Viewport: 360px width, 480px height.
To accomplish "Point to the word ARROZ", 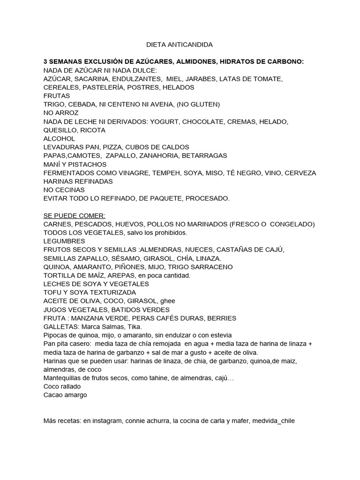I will pyautogui.click(x=67, y=113).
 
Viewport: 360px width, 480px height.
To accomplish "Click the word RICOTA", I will pyautogui.click(x=93, y=130).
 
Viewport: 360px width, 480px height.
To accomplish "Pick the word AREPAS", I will pyautogui.click(x=125, y=275).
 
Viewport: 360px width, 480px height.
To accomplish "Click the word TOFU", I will pyautogui.click(x=52, y=292).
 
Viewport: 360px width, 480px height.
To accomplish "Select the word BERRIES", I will pyautogui.click(x=219, y=318).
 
